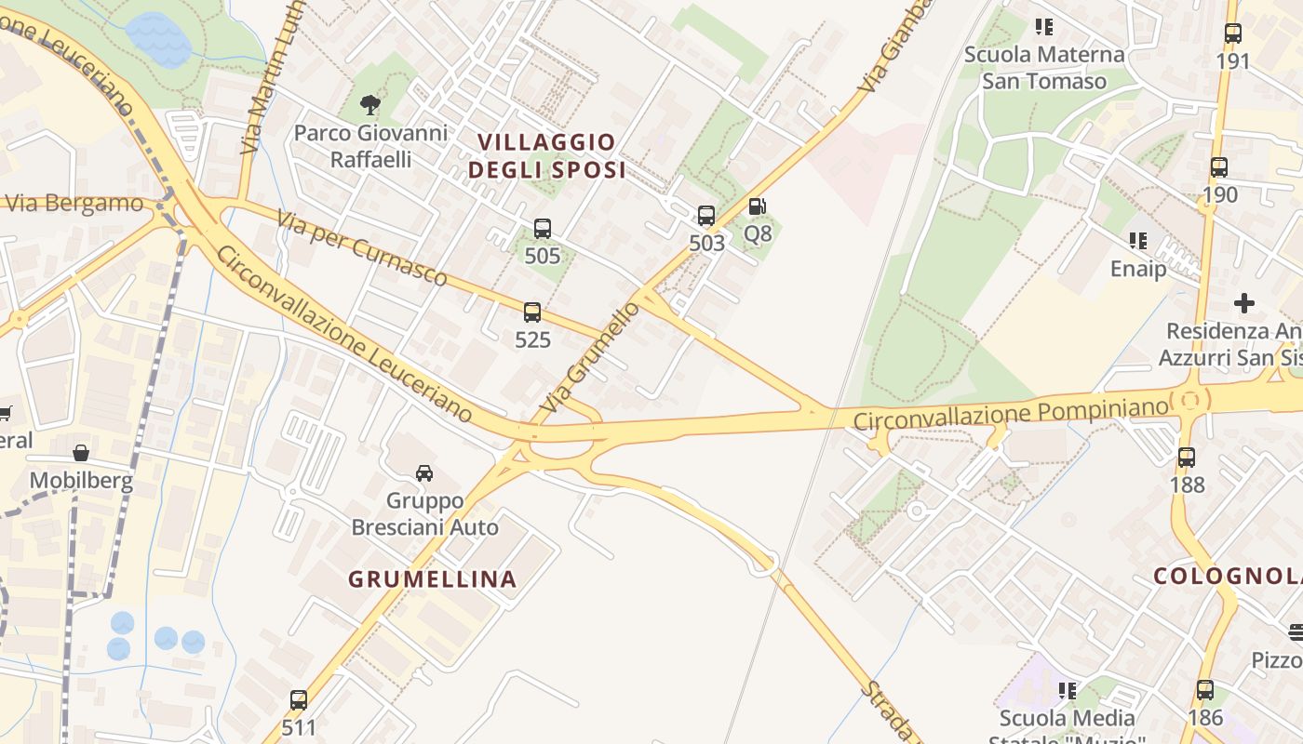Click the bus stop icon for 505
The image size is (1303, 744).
pyautogui.click(x=543, y=228)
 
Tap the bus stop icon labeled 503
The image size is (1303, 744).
pyautogui.click(x=706, y=216)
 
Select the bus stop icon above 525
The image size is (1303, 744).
pyautogui.click(x=532, y=312)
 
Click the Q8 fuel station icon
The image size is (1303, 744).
pyautogui.click(x=759, y=206)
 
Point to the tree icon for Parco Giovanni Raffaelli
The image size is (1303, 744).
pyautogui.click(x=370, y=103)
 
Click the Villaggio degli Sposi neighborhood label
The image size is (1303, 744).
pyautogui.click(x=546, y=156)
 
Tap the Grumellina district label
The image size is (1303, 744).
pyautogui.click(x=432, y=578)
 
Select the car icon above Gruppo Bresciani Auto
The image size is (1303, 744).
pyautogui.click(x=424, y=472)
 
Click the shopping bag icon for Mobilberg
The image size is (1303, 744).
pyautogui.click(x=81, y=453)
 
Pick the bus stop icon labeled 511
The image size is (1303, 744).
pyautogui.click(x=299, y=699)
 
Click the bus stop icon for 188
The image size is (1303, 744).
pyautogui.click(x=1187, y=457)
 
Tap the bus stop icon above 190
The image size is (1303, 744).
pyautogui.click(x=1219, y=167)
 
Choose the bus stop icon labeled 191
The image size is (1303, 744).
pyautogui.click(x=1233, y=33)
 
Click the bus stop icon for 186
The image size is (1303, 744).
pyautogui.click(x=1205, y=690)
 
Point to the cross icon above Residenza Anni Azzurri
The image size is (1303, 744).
pyautogui.click(x=1244, y=303)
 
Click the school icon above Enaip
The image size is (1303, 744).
pyautogui.click(x=1137, y=241)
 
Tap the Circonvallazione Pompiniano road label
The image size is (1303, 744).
pyautogui.click(x=1011, y=414)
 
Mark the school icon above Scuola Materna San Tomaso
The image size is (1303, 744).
pyautogui.click(x=1044, y=27)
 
